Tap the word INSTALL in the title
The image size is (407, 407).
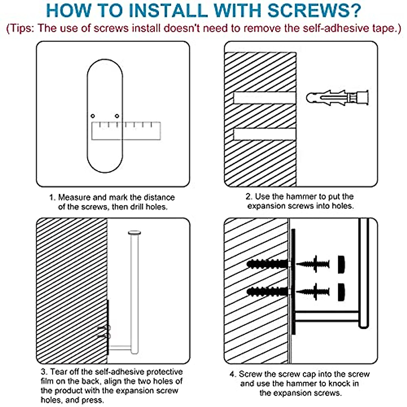pos(168,10)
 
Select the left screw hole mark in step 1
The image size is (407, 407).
pos(93,116)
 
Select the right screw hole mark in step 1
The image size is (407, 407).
pos(117,116)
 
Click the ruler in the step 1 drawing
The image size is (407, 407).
pos(126,131)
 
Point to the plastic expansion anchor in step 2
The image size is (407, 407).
pos(337,98)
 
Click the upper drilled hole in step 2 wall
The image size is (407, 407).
pos(265,98)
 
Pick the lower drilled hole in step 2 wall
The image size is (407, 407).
pos(265,134)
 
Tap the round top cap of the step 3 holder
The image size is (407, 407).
pos(134,233)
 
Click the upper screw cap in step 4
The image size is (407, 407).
pos(341,265)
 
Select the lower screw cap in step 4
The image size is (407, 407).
pos(341,292)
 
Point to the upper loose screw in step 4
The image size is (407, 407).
pos(313,264)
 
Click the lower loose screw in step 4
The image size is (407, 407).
pos(313,292)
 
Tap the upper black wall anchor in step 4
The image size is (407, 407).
pos(267,264)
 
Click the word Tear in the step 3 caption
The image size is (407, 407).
pos(58,371)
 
